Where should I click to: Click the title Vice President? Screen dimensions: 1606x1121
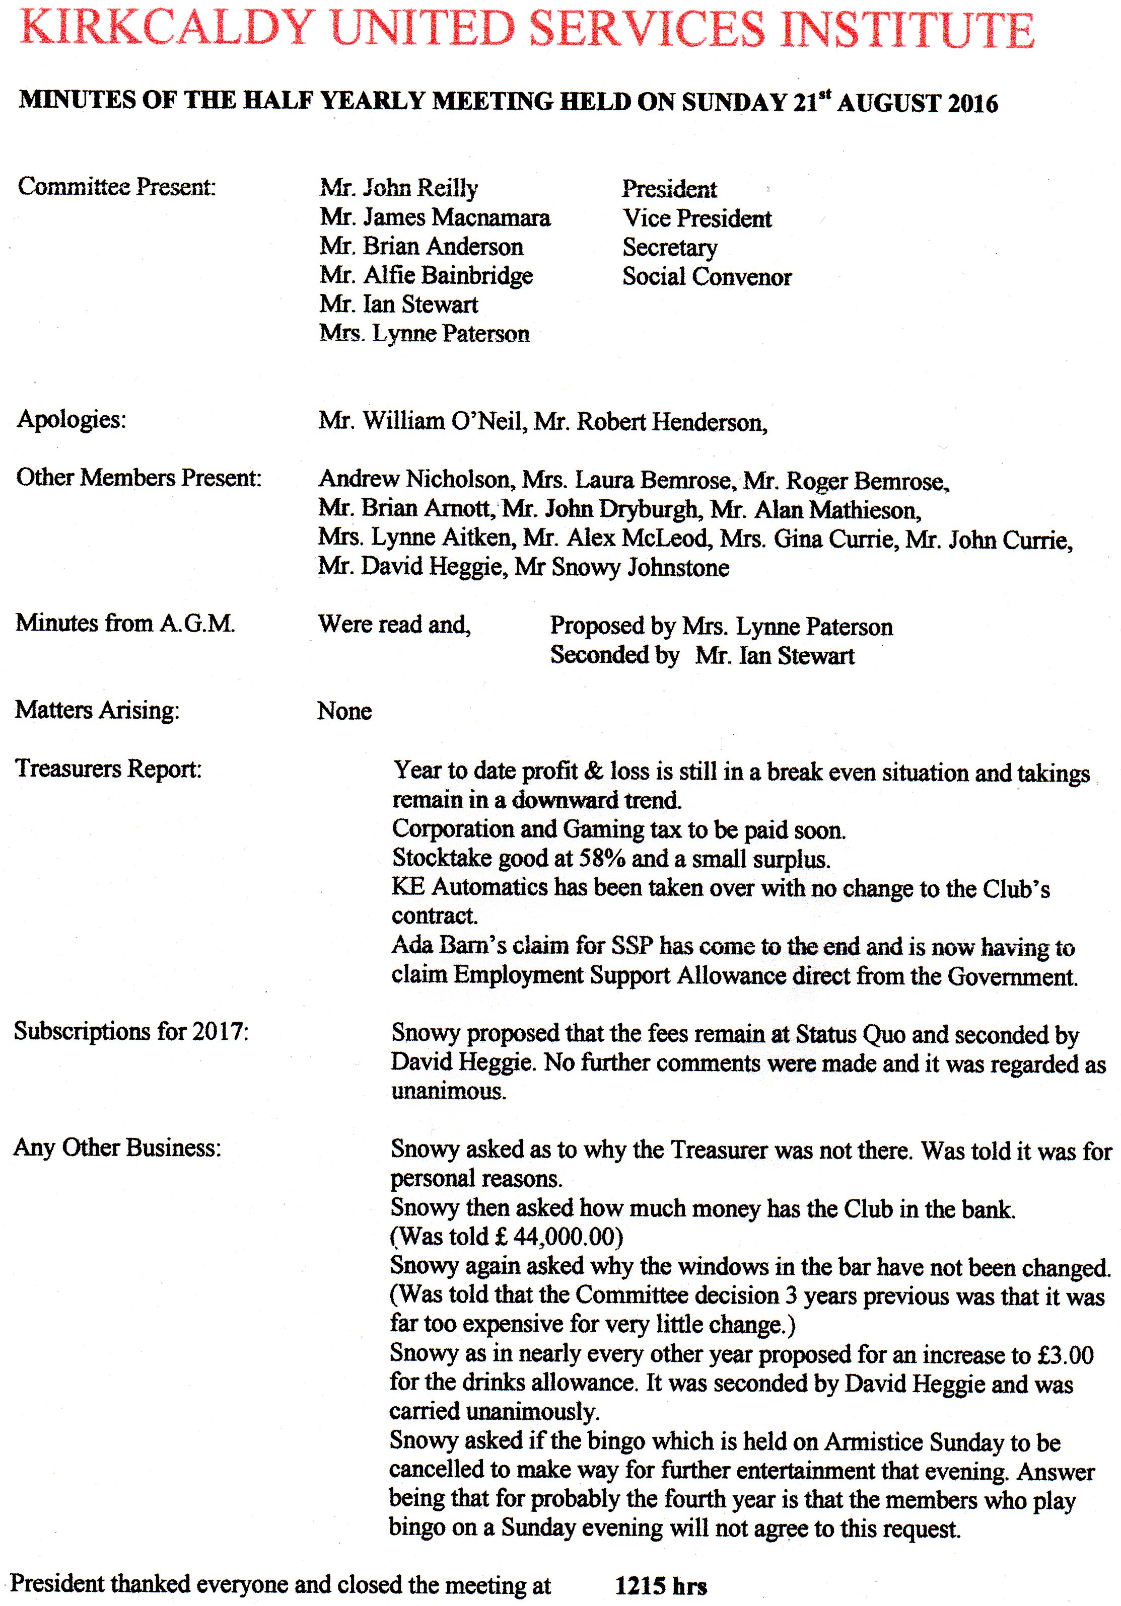click(697, 219)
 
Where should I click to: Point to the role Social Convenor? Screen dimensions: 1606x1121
click(707, 277)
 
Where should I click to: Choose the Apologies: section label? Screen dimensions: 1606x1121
click(72, 420)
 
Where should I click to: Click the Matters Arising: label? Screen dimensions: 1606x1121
click(97, 710)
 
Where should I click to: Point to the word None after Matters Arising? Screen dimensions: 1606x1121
click(344, 711)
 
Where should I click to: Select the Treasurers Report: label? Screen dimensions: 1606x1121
click(108, 769)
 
